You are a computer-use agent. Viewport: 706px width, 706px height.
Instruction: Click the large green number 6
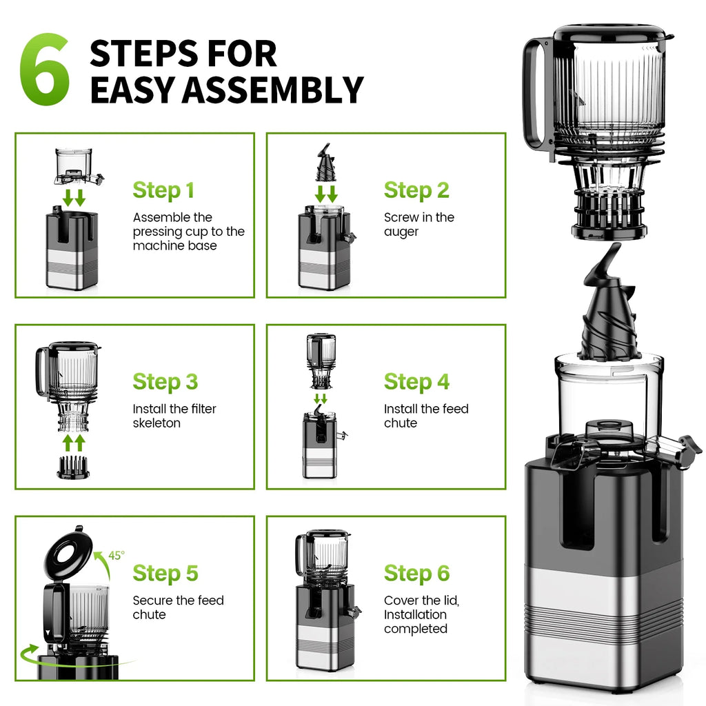[x=45, y=70]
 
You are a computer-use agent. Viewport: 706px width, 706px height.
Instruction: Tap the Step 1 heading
[x=163, y=190]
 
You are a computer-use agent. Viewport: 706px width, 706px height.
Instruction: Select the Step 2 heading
[x=416, y=190]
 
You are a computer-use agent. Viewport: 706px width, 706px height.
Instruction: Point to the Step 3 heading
[x=165, y=382]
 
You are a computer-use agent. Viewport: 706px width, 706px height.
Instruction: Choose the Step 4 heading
[x=416, y=382]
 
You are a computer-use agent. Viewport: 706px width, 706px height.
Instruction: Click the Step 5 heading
[x=165, y=574]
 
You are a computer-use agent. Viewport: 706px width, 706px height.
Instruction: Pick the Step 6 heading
[x=416, y=574]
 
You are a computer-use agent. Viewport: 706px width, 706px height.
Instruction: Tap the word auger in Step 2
[x=401, y=232]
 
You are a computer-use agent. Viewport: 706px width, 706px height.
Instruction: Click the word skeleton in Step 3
[x=157, y=423]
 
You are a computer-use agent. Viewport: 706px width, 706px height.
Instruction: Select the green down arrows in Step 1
[x=74, y=197]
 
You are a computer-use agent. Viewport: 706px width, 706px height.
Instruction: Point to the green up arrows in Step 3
[x=74, y=442]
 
